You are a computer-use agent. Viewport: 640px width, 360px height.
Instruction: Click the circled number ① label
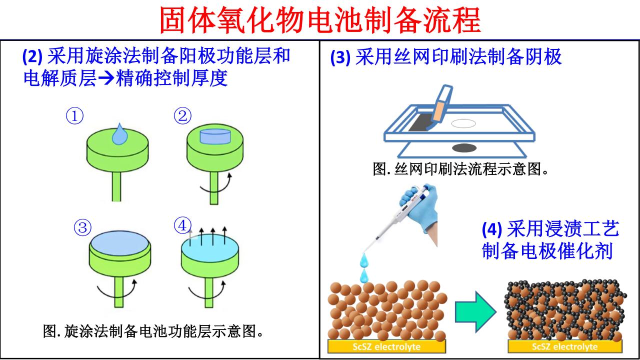[74, 116]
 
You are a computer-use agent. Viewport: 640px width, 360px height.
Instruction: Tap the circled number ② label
[182, 116]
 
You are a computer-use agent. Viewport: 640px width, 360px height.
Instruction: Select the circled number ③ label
[82, 228]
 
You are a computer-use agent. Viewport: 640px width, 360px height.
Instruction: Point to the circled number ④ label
[182, 226]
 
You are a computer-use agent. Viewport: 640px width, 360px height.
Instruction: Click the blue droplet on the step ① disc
[119, 135]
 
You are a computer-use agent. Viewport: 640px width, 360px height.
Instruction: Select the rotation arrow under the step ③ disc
[117, 289]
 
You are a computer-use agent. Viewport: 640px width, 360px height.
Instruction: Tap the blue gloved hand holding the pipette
[422, 212]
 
